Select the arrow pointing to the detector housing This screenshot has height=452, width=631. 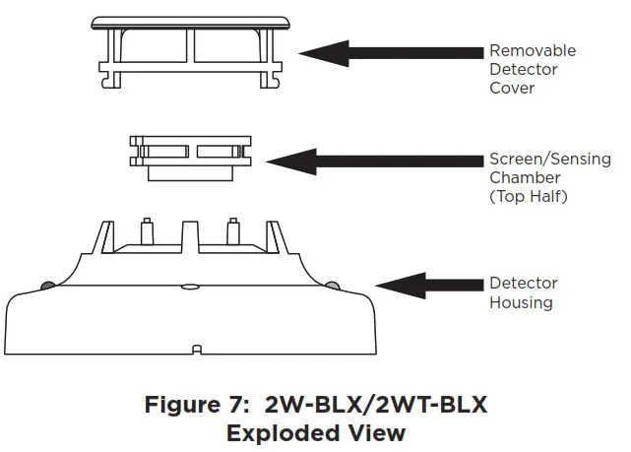click(x=424, y=286)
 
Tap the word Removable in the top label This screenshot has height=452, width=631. click(x=533, y=50)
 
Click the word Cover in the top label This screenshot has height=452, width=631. click(x=512, y=88)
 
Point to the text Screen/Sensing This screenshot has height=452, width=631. click(x=549, y=159)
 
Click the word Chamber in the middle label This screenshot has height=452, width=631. click(x=525, y=177)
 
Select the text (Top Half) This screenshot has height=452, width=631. click(x=530, y=196)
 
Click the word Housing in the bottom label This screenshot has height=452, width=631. click(x=521, y=302)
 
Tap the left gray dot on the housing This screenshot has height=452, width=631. click(x=46, y=286)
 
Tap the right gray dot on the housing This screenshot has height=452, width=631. click(x=332, y=286)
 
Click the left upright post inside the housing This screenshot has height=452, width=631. click(x=145, y=232)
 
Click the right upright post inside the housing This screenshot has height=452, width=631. click(x=233, y=232)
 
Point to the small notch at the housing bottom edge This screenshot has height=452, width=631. click(x=196, y=348)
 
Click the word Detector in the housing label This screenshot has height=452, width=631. click(x=523, y=284)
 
